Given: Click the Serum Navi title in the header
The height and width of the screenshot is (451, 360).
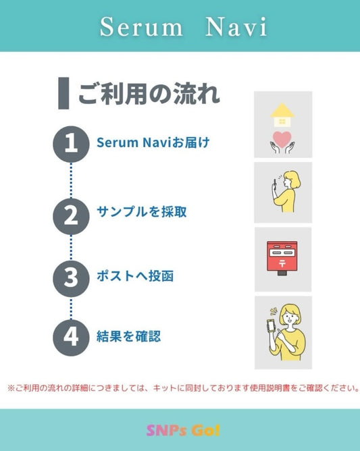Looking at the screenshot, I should coord(182,27).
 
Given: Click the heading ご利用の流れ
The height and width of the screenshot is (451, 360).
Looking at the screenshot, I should coord(149,94).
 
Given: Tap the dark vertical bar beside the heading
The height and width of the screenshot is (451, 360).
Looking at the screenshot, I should coord(63,93).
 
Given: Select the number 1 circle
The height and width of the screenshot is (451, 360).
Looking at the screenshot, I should coord(71,143).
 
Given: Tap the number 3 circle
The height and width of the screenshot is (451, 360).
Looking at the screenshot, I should coord(71,277).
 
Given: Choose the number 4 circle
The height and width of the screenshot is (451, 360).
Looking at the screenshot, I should coord(71,336).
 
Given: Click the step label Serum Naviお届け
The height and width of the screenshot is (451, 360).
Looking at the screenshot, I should coord(153,143).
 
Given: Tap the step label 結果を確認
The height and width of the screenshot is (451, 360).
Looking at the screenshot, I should coord(129,336).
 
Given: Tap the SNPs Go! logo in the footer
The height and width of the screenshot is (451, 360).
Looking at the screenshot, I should coord(183,431).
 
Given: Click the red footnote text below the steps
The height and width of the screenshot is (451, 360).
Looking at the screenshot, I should coord(182,389).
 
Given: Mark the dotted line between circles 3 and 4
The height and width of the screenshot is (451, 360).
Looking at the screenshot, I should coord(71,307).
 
